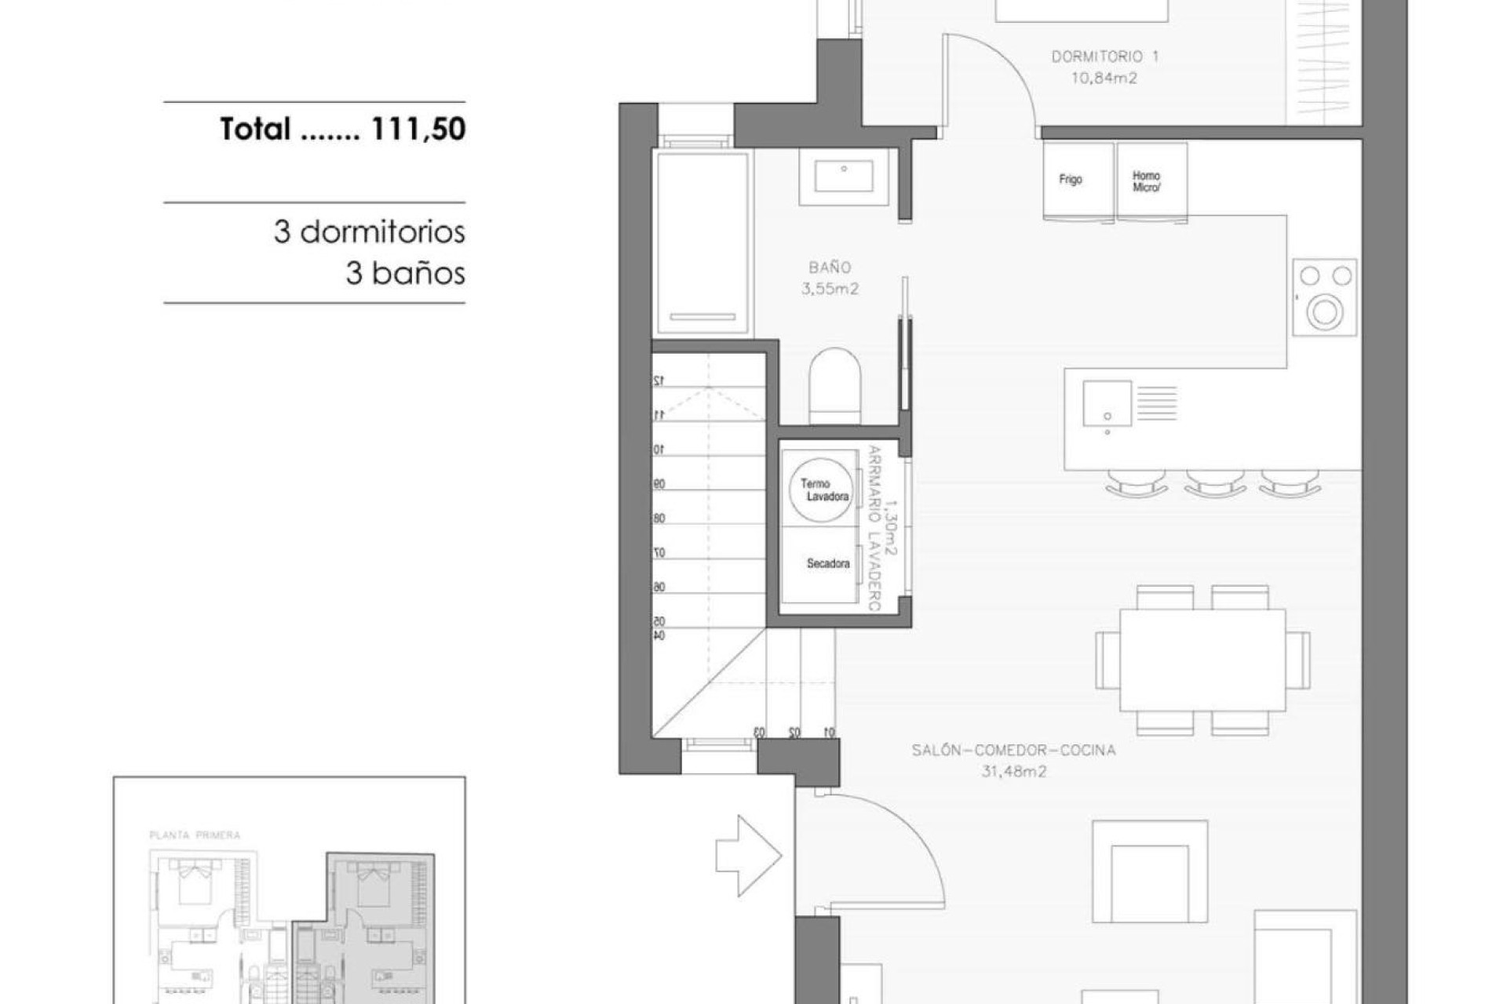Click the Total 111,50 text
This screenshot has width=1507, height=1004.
coord(342,129)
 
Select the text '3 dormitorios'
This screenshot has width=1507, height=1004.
coord(369,232)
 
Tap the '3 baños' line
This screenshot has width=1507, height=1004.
coord(405,274)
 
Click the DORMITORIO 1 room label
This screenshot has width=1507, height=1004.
coord(1104,57)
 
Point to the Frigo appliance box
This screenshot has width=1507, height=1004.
coord(1078,180)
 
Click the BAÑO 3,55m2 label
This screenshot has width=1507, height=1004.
coord(830,278)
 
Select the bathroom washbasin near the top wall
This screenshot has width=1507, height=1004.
coord(844,176)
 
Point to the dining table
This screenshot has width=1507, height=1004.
coord(1202,660)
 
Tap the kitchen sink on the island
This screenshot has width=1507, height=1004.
coord(1107,404)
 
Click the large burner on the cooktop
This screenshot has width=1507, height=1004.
coord(1325,313)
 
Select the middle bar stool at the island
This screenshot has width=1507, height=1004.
coord(1214,482)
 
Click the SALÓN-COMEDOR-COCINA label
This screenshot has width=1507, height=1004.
coord(1013,751)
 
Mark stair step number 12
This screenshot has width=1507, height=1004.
coord(659,380)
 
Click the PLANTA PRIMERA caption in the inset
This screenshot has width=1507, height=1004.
coord(195,835)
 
